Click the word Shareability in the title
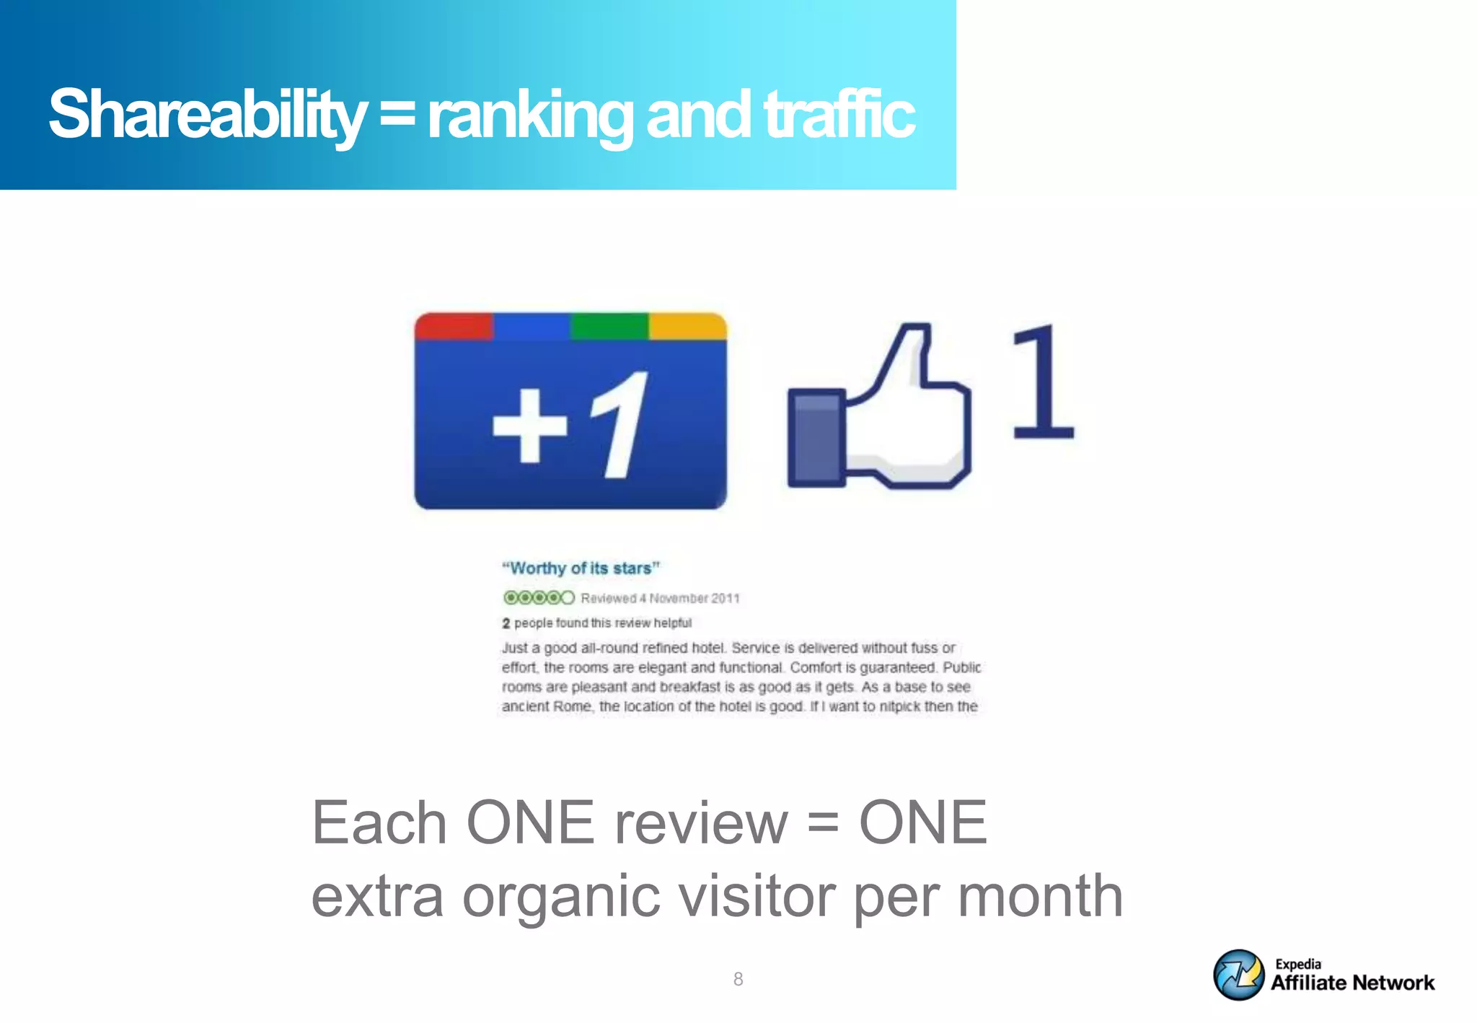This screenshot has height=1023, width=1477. point(208,114)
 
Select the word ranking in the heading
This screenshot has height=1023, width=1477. point(529,114)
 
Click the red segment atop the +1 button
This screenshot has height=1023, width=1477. point(454,326)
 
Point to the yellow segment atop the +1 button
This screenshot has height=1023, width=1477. point(687,326)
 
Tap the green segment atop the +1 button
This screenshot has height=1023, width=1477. point(609,326)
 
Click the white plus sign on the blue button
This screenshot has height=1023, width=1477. point(529,425)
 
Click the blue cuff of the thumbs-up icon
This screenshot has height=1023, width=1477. point(816,438)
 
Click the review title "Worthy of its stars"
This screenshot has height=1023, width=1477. point(581,568)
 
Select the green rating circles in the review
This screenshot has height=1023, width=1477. point(539,597)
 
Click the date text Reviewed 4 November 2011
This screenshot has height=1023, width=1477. point(660,598)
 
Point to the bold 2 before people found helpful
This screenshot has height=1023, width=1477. point(506,623)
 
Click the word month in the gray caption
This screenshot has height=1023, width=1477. point(1040,896)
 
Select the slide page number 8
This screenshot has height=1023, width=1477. point(738,979)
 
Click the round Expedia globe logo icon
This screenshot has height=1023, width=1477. point(1238,975)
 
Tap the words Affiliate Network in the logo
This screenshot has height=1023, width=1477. point(1352,983)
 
